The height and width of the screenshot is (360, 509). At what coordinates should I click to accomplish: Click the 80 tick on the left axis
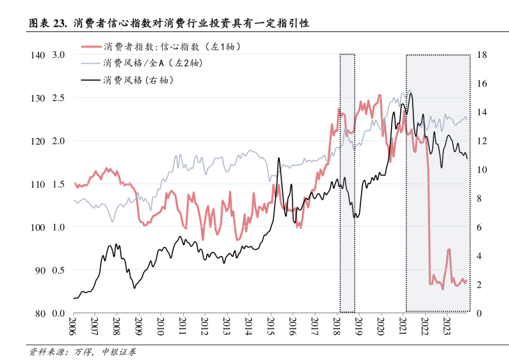tap(40, 313)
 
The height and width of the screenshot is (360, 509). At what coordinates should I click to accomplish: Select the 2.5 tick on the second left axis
tap(59, 98)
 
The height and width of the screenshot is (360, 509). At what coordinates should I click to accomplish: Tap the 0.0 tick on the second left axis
tap(59, 313)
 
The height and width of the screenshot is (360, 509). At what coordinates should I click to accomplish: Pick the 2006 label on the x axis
tap(73, 326)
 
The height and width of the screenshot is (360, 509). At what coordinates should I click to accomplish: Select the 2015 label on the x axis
tap(271, 326)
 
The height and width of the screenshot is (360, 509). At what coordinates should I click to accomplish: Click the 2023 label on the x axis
tap(448, 326)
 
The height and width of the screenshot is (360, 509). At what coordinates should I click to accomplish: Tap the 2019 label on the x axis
tap(359, 326)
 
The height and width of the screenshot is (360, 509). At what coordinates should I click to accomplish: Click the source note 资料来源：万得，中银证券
tap(82, 351)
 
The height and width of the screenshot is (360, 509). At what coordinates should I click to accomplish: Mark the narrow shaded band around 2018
tap(347, 183)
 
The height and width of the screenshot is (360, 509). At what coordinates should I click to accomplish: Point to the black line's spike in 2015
tap(279, 159)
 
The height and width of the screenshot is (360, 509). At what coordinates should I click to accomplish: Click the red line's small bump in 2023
tap(448, 250)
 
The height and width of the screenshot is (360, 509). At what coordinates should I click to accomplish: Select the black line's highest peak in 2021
tap(411, 93)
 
